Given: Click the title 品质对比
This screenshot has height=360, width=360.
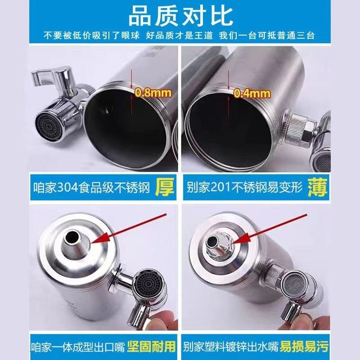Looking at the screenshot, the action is tap(180, 16).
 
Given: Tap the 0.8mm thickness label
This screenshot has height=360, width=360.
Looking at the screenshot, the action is tap(153, 93).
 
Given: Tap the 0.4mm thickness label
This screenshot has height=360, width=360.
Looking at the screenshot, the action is tap(252, 94).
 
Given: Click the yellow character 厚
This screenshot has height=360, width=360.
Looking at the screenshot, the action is tap(164, 188).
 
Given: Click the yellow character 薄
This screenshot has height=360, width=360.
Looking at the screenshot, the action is tap(317, 188).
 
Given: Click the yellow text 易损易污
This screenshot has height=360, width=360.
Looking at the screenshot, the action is tap(305, 346).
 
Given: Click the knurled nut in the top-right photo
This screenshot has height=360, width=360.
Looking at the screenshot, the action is tap(298, 129).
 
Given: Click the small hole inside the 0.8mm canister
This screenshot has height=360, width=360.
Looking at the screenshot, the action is tap(108, 110).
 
